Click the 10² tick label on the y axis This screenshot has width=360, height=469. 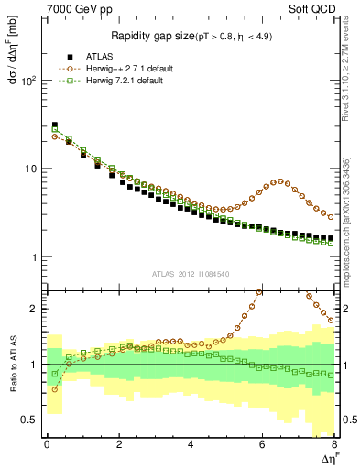coord(27,81)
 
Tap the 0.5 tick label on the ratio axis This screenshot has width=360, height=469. coord(29,420)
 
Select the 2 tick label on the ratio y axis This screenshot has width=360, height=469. coord(34,309)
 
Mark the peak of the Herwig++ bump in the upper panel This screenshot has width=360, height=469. coord(280,181)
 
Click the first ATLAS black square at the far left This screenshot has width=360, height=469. coord(54,125)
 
